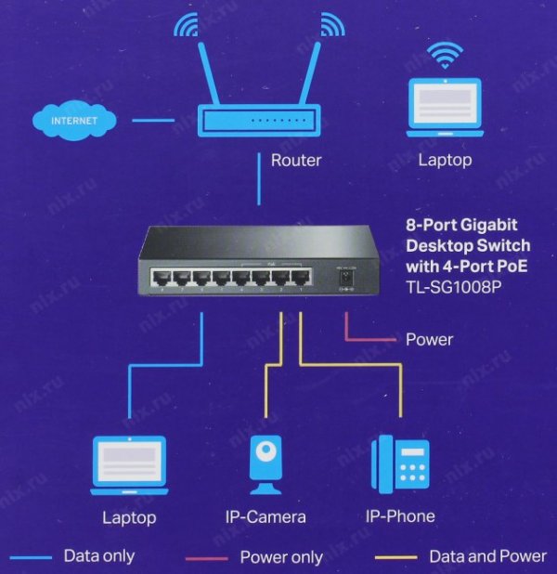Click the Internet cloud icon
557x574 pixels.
(x=73, y=120)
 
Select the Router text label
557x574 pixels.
(x=296, y=161)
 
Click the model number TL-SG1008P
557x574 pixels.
(x=453, y=288)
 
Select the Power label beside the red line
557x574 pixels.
(x=429, y=339)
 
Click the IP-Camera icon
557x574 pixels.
(x=266, y=464)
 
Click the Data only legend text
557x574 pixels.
(x=98, y=556)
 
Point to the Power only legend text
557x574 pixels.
(x=281, y=557)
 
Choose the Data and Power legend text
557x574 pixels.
(x=487, y=556)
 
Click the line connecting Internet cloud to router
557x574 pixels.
(x=153, y=120)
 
